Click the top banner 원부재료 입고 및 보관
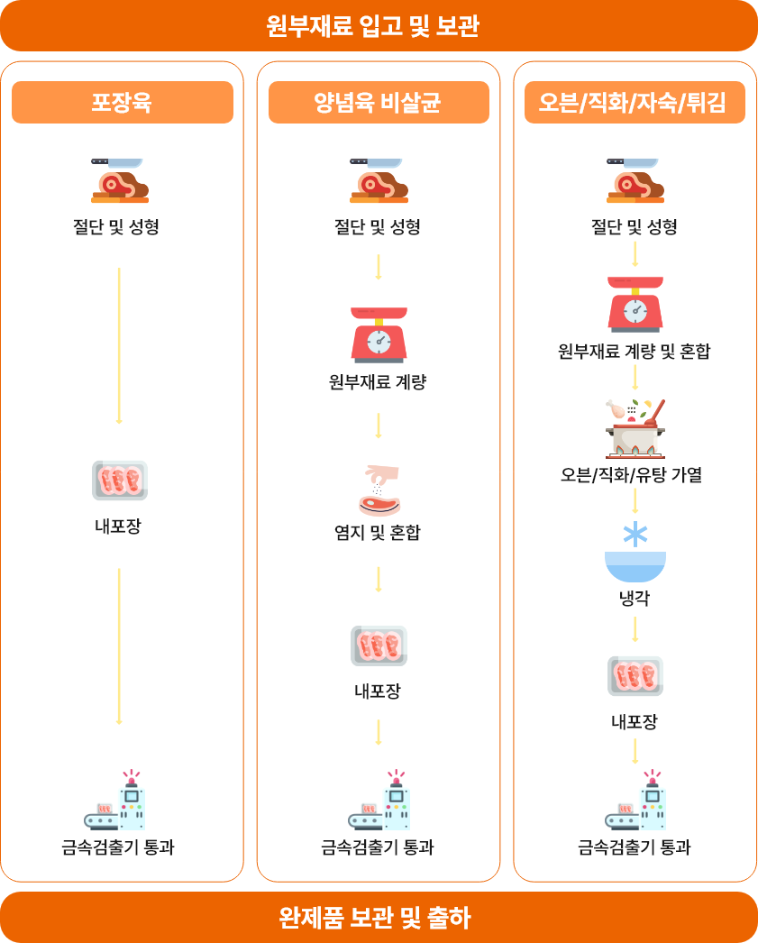click(379, 26)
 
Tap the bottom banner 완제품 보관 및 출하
click(379, 917)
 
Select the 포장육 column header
click(123, 102)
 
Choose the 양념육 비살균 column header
click(379, 102)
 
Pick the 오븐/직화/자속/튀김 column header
click(635, 102)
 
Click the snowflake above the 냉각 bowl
click(635, 534)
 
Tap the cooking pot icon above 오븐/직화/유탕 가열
click(635, 428)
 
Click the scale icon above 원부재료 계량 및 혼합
click(635, 305)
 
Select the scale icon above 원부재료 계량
click(379, 335)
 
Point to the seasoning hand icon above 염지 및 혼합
click(379, 490)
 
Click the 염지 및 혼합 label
click(378, 532)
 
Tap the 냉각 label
click(635, 598)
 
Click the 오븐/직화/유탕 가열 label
click(631, 475)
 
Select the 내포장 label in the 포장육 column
click(118, 526)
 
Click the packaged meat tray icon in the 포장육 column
click(120, 481)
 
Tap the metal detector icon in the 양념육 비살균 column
click(379, 800)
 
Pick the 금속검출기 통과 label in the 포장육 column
click(118, 847)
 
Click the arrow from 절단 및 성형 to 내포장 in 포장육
click(119, 346)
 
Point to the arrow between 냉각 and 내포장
click(635, 629)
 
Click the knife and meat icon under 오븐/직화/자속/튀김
click(635, 180)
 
